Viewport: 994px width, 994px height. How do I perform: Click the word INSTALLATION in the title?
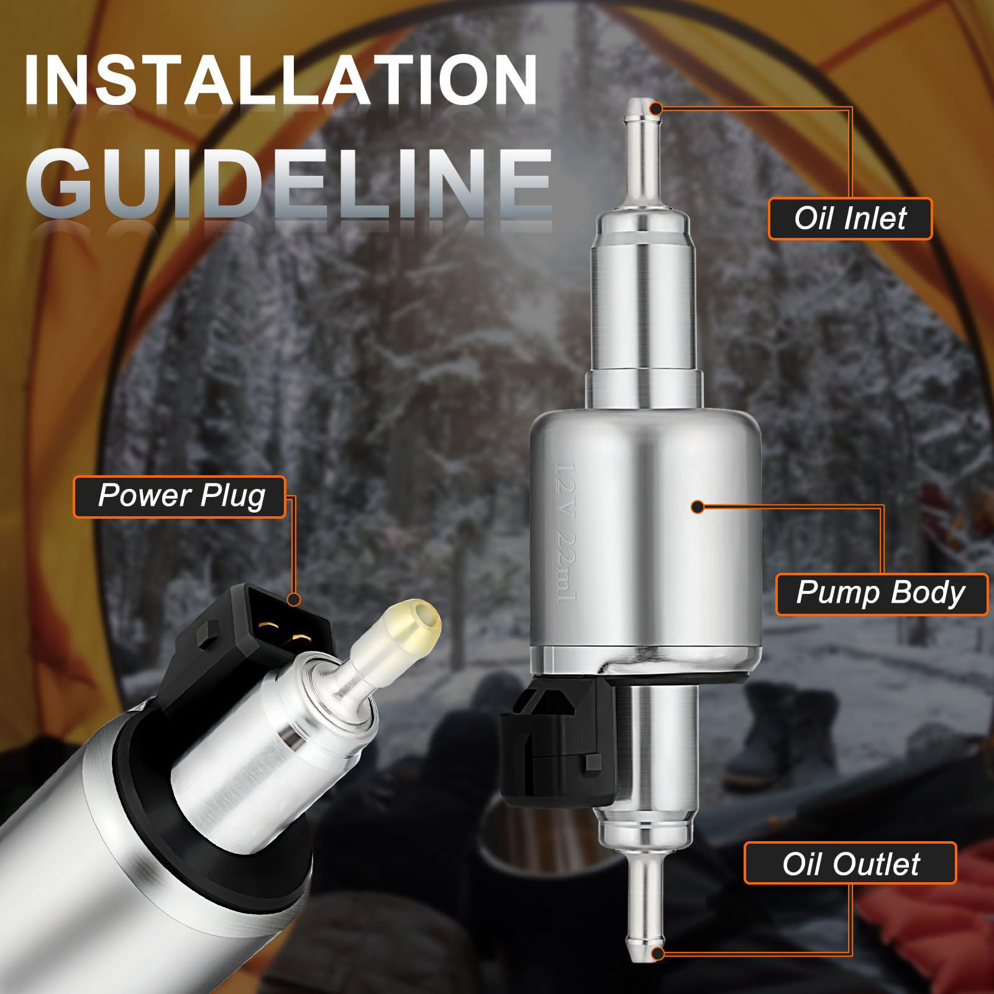point(281,80)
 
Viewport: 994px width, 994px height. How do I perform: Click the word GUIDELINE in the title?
point(289,179)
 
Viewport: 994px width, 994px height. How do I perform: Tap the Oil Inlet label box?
point(850,219)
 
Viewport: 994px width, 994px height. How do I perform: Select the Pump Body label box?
point(882,595)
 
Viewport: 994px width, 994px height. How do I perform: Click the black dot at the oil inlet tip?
point(657,108)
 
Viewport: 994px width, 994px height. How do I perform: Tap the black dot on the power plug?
point(294,600)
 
